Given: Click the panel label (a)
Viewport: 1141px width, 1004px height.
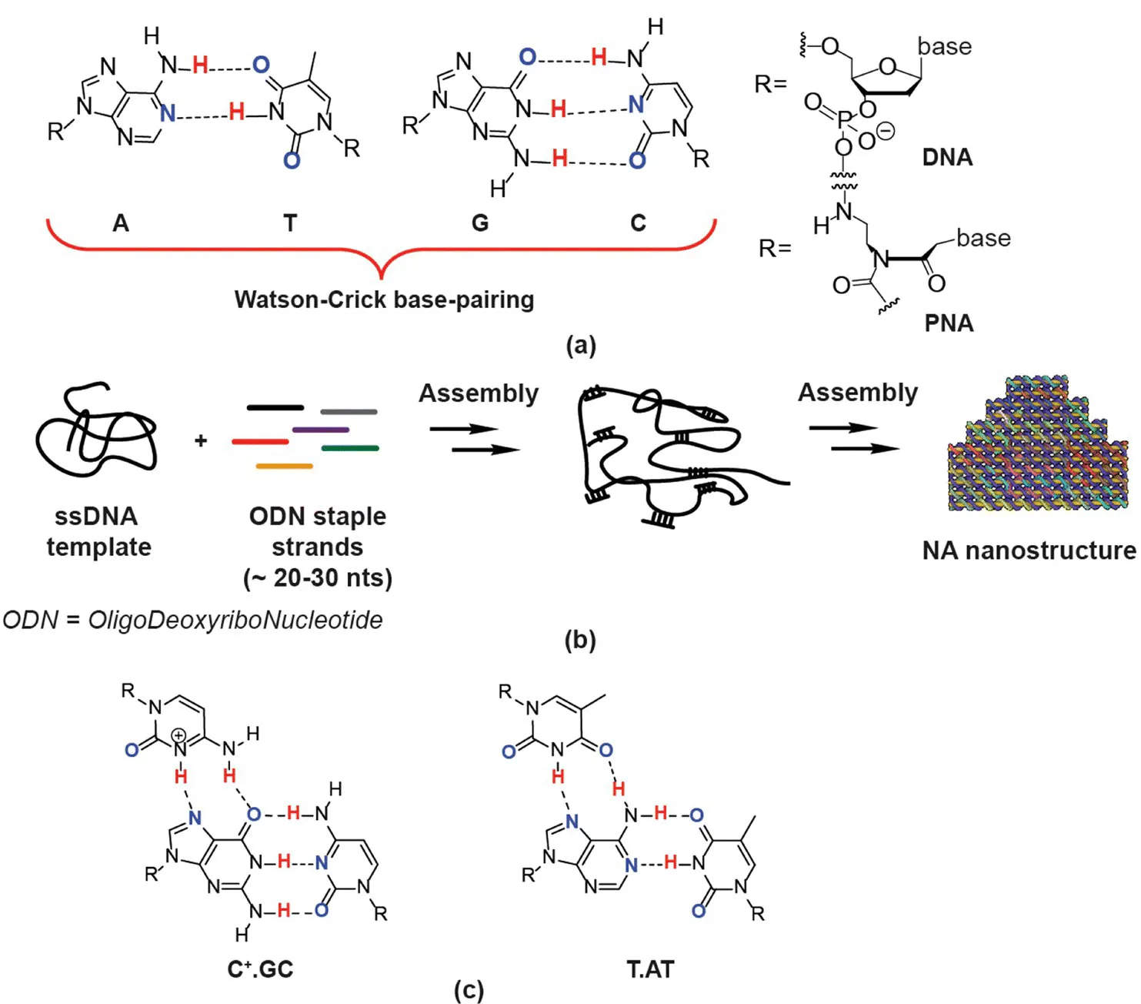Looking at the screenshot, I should [580, 344].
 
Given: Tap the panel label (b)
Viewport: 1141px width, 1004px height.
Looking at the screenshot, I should [580, 640].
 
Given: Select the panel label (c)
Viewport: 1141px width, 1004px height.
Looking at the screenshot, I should [469, 989].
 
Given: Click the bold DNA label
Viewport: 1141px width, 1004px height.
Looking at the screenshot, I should [947, 158].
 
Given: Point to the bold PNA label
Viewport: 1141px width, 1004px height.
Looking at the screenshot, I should [949, 323].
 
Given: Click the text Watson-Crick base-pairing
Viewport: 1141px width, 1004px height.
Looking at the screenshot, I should [384, 300].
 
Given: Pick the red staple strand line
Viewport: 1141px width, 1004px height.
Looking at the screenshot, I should [260, 442].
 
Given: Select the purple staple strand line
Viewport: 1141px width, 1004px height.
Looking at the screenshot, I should [321, 430].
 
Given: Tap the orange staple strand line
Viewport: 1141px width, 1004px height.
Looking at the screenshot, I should [284, 466].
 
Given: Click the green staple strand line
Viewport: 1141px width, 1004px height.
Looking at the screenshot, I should [350, 448].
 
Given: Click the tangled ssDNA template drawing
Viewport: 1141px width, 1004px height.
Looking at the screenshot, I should [95, 430].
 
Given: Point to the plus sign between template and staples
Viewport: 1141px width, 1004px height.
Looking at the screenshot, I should [201, 440].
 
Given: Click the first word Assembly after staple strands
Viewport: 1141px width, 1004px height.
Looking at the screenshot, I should [478, 393].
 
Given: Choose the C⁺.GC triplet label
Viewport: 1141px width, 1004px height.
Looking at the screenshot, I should [260, 969].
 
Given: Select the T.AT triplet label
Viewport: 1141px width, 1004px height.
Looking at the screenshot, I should [650, 969].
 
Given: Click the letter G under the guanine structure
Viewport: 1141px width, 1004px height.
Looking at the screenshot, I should [480, 223].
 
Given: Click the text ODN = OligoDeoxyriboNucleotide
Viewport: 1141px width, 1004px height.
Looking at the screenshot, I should [192, 620].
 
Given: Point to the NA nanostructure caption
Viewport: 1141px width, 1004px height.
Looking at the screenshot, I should [1029, 551].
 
